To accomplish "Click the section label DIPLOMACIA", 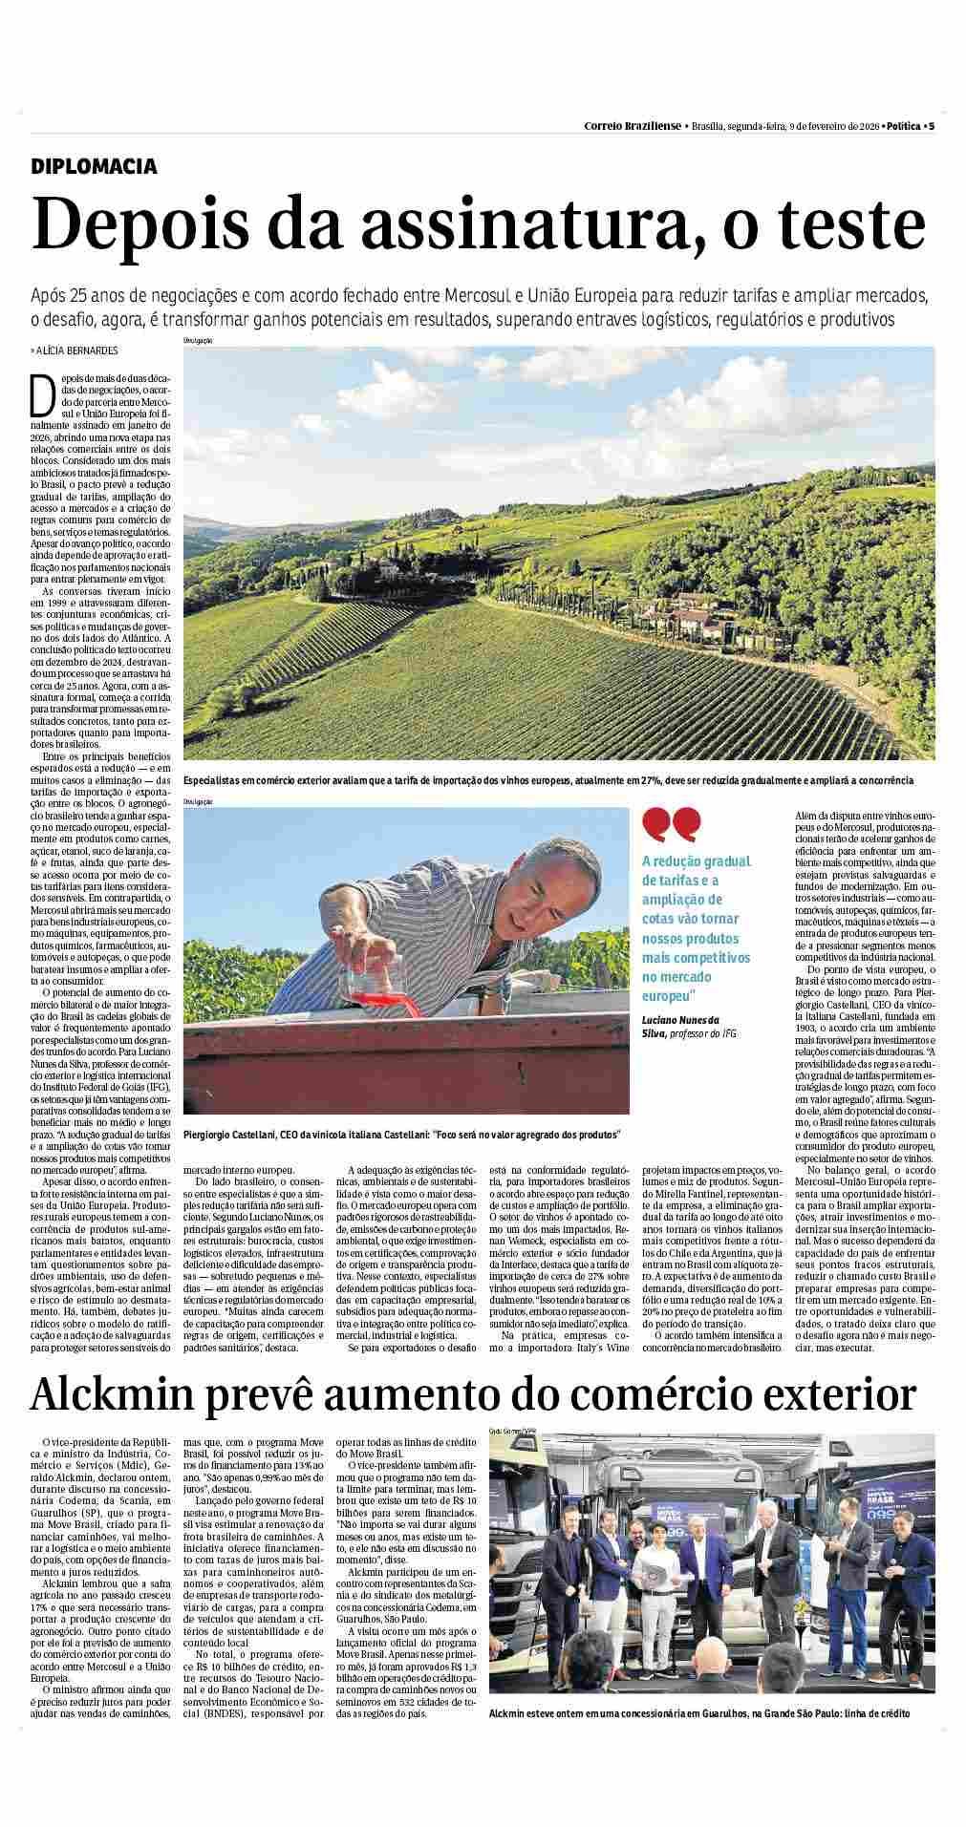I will coord(94,166).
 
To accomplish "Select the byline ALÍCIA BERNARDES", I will coord(77,351).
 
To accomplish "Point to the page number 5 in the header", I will coord(931,126).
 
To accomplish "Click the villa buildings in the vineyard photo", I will coord(704,626).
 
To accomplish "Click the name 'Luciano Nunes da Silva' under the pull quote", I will coord(680,1027).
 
